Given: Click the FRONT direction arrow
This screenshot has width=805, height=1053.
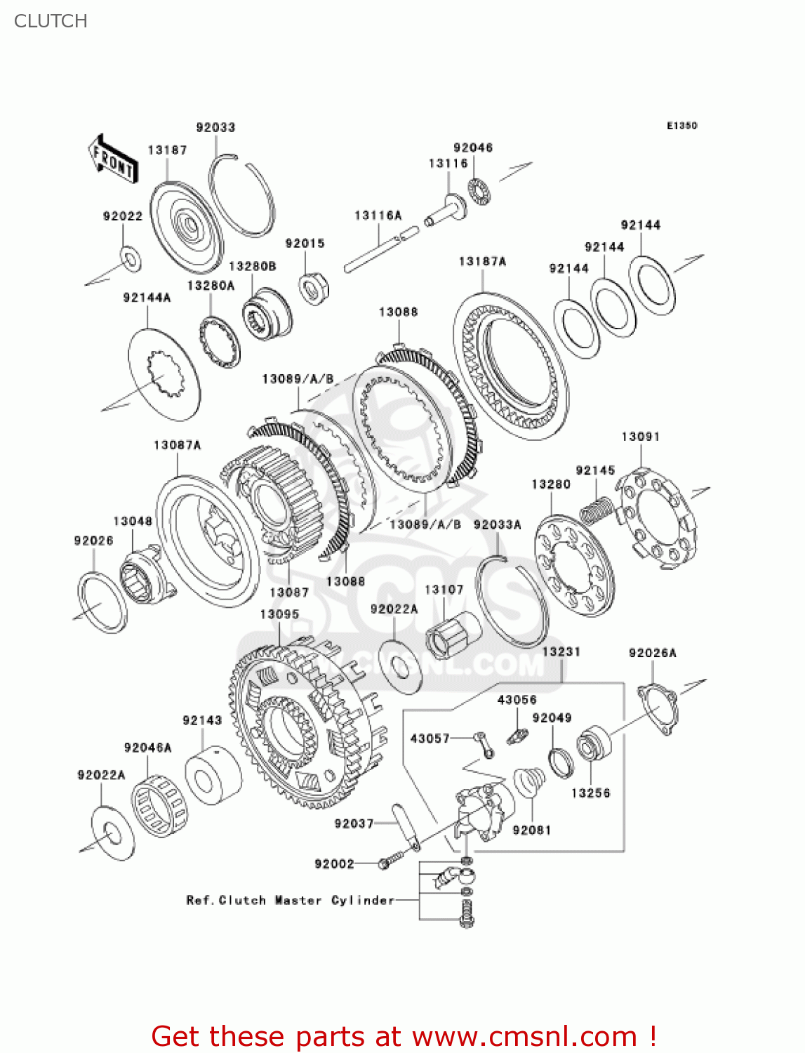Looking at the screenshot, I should point(112,159).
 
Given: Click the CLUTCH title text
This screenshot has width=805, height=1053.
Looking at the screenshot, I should point(51,21).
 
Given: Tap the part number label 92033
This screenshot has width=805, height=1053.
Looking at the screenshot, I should point(215,127).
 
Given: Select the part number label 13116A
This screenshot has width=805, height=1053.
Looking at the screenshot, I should point(378,216).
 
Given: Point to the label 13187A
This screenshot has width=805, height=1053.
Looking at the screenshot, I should point(482,261).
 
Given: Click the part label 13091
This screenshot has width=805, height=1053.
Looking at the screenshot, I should point(640,437).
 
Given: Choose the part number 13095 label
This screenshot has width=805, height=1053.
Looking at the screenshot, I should point(279,614).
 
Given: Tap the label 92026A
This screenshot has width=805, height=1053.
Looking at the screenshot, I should point(652,653).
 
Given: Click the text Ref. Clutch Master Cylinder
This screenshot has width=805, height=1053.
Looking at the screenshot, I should point(291,900).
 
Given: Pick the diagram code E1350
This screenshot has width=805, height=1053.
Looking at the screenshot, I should point(681,126).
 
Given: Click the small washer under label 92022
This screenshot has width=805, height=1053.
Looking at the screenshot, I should point(131,258).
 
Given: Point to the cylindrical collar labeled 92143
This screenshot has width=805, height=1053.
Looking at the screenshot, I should point(213,775).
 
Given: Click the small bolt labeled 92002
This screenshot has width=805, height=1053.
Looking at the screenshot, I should point(388,862).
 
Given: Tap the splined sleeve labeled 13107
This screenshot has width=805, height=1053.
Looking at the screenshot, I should point(453,634).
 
